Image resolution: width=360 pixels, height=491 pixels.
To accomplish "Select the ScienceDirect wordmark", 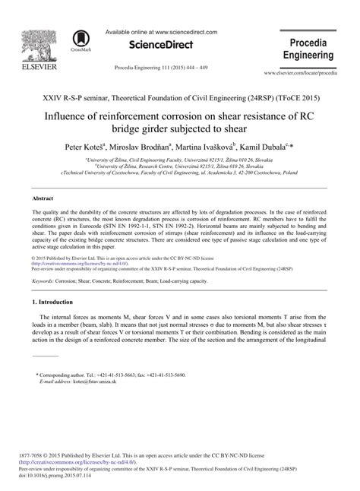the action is pyautogui.click(x=161, y=46).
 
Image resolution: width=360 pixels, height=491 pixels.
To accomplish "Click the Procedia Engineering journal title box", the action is pyautogui.click(x=308, y=48).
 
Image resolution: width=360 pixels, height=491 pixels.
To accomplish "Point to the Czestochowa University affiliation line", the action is pyautogui.click(x=179, y=173).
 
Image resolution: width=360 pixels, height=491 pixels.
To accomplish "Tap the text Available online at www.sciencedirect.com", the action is pyautogui.click(x=161, y=32).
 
